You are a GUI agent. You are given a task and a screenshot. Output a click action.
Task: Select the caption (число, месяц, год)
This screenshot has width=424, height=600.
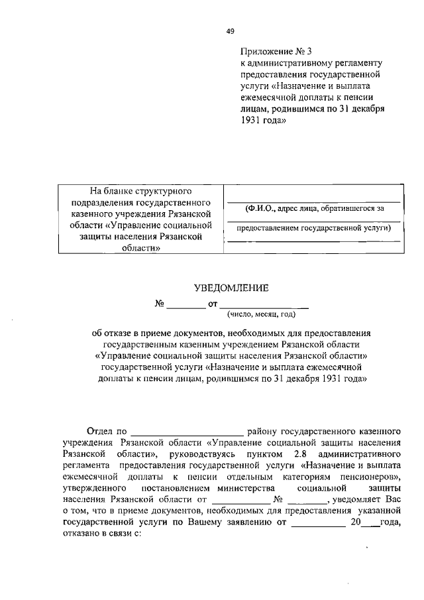(260, 315)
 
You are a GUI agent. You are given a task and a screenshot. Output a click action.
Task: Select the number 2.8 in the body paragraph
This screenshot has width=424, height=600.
(300, 455)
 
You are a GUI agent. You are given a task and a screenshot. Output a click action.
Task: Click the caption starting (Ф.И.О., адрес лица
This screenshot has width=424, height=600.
(313, 208)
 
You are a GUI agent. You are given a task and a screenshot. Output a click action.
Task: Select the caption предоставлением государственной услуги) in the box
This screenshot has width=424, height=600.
(314, 229)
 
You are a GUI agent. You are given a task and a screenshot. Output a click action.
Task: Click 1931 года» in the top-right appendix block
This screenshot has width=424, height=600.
(264, 121)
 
